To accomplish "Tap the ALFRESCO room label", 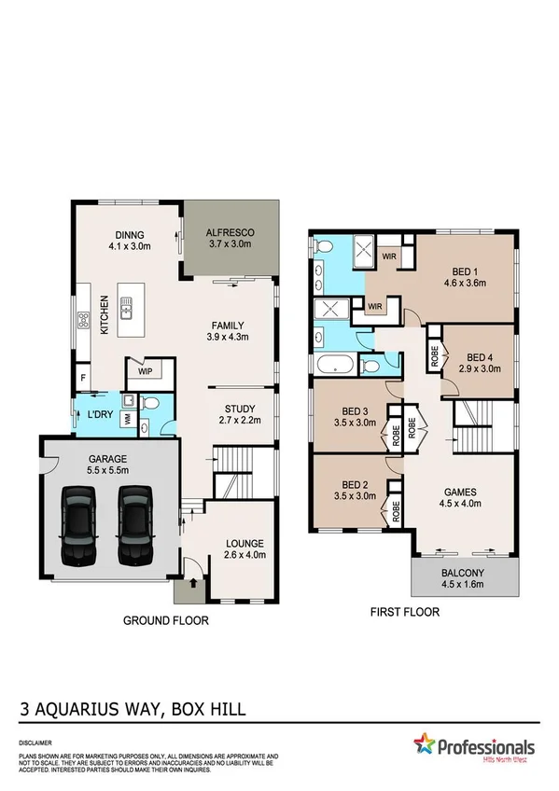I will [230, 233].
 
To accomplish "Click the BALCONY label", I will [463, 574].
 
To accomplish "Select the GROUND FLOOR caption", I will [166, 620].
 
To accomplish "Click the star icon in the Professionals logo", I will [426, 745].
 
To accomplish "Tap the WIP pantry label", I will [146, 370].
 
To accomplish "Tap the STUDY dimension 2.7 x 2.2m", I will [239, 422].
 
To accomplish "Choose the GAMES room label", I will [461, 493].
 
